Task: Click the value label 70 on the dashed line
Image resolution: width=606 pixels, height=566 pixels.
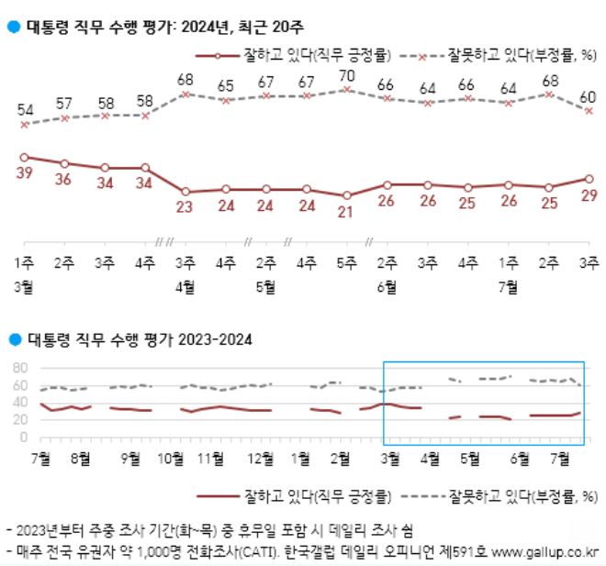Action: coord(346,75)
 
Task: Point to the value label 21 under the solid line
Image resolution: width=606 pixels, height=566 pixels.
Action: coord(346,213)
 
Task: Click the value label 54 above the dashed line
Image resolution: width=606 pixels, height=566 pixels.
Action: coord(25,109)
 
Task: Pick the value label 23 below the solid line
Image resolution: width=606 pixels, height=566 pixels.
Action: coord(185,207)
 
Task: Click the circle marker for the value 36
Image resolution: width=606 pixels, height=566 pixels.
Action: coord(64,163)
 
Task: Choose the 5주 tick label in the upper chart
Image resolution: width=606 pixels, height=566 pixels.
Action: coord(346,263)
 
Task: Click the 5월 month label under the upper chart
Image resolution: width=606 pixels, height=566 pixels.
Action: coord(265,285)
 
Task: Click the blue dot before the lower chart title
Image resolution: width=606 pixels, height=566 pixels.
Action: coord(13,339)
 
